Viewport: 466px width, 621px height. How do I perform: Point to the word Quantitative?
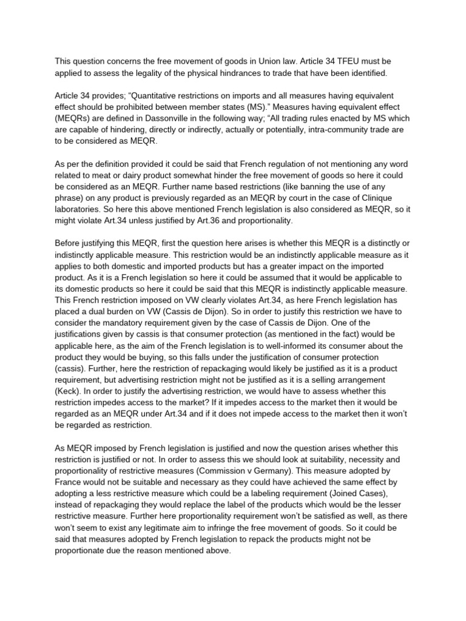click(x=137, y=95)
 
